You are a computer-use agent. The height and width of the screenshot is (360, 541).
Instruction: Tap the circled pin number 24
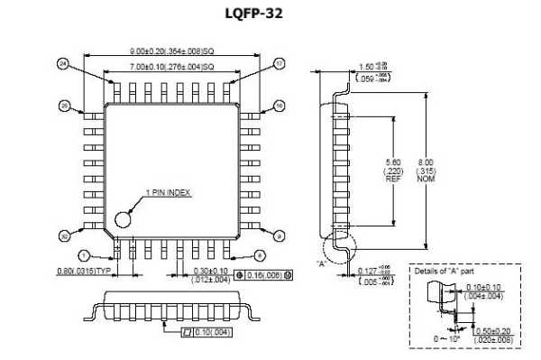[63, 64]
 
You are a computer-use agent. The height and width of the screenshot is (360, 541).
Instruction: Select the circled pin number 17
[280, 64]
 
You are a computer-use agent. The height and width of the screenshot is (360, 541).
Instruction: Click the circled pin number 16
[280, 106]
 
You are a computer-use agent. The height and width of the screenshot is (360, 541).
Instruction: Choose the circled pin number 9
[280, 235]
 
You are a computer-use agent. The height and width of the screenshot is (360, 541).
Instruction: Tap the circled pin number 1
[84, 256]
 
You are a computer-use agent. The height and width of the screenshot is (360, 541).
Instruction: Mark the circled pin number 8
[259, 256]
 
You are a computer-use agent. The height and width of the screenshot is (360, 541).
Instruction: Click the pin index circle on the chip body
[123, 217]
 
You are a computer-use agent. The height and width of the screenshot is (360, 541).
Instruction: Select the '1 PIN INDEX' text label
[169, 192]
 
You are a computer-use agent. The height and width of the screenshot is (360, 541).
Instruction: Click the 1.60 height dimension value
[365, 67]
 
